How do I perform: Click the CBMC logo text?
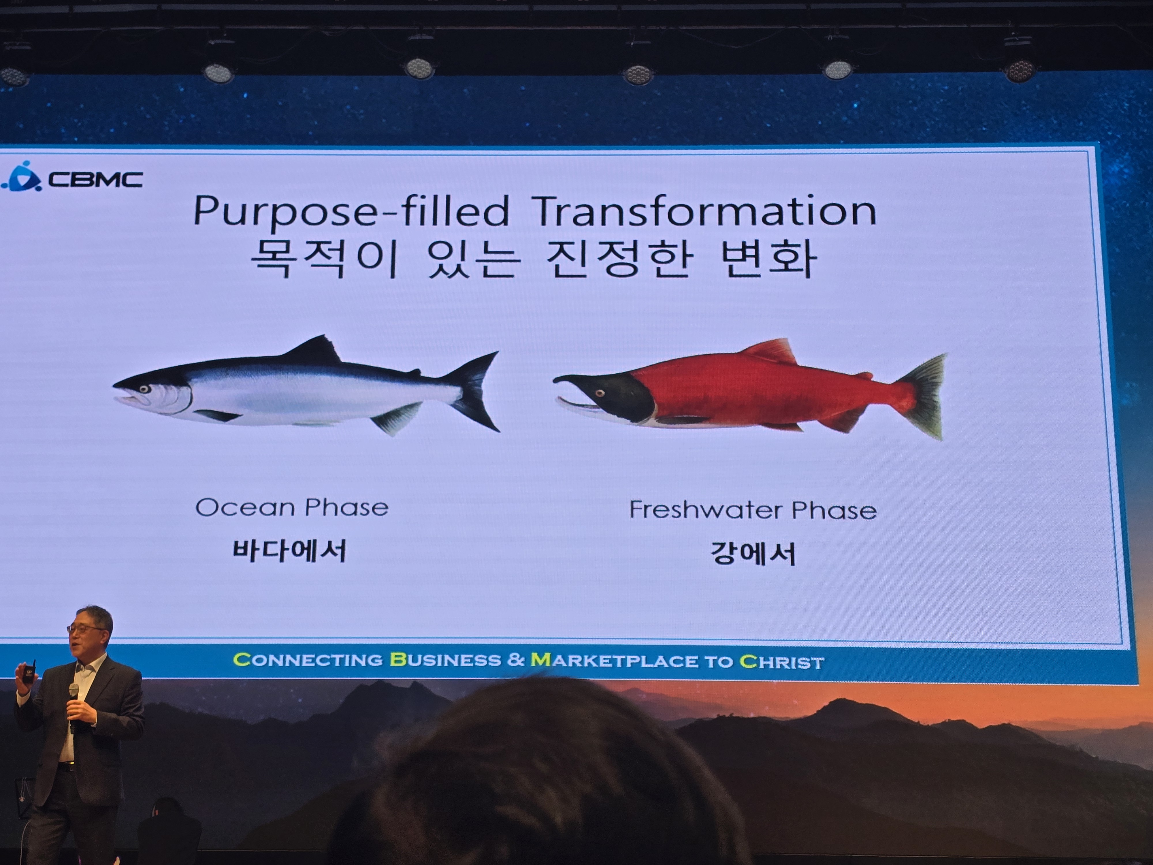coord(95,180)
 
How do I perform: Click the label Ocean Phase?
coord(292,507)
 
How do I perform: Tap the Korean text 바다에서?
coord(289,551)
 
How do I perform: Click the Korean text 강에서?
coord(753,554)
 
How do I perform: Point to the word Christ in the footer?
coord(782,662)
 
